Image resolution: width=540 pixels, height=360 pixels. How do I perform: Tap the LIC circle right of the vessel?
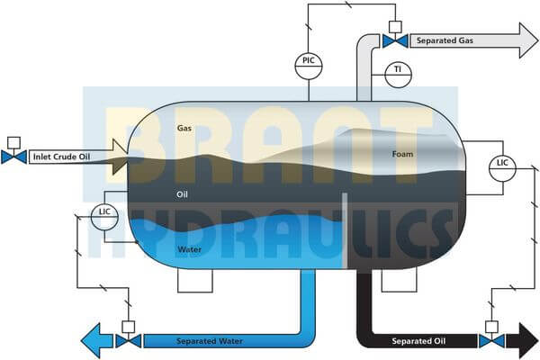pos(503,166)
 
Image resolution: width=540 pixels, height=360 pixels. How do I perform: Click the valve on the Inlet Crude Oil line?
pos(13,157)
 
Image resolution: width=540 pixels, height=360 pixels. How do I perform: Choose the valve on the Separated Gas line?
pos(393,40)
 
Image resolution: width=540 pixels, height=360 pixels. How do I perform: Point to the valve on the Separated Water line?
pos(128,341)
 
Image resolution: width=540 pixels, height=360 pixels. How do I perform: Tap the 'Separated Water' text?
pos(208,341)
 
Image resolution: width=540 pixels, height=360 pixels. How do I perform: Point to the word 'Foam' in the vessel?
pos(403,154)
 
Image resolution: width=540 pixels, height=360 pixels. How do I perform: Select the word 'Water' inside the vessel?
pos(189,249)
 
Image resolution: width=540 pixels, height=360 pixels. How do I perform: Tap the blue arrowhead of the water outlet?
pos(93,341)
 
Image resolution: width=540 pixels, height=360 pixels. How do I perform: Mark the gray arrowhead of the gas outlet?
pos(524,40)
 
